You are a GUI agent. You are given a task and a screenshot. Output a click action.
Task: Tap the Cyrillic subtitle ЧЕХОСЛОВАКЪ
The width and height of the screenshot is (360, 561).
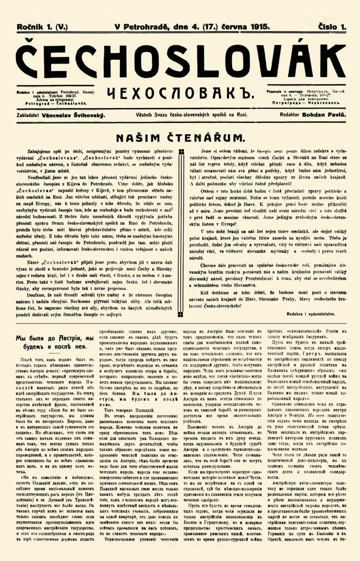[181, 93]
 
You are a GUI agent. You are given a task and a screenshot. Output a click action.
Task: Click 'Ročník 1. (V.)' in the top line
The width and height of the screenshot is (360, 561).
[42, 27]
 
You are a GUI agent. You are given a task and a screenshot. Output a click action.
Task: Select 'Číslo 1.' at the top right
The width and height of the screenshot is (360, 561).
[332, 27]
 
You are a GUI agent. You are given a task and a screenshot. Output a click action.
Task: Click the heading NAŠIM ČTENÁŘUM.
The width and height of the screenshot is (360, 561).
[180, 137]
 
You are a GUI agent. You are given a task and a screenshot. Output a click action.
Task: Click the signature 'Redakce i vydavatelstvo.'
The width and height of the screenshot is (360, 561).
[311, 314]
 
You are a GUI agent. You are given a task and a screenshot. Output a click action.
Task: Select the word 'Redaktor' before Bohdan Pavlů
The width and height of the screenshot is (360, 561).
[289, 115]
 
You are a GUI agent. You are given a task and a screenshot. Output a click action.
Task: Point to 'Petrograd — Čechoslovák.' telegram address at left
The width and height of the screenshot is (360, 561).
[56, 104]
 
